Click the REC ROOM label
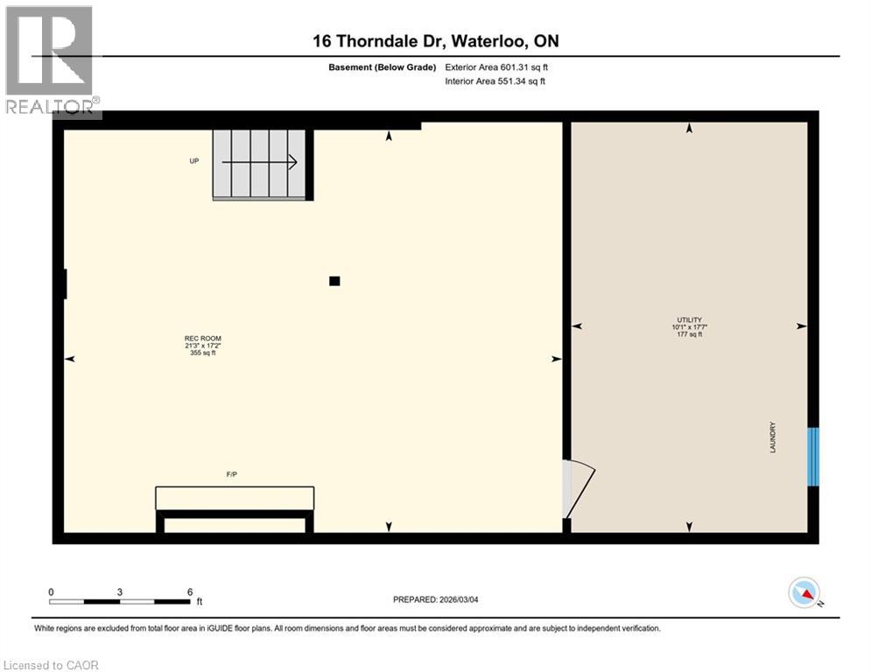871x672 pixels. pyautogui.click(x=197, y=338)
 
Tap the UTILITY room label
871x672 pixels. pyautogui.click(x=689, y=319)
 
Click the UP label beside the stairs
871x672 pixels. pyautogui.click(x=194, y=161)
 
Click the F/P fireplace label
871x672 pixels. pyautogui.click(x=232, y=474)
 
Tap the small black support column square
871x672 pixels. pyautogui.click(x=334, y=281)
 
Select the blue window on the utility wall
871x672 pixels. pyautogui.click(x=812, y=456)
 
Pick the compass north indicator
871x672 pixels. pyautogui.click(x=804, y=593)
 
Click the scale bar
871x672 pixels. pyautogui.click(x=119, y=601)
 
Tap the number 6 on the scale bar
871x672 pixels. pyautogui.click(x=190, y=591)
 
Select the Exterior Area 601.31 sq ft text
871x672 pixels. pyautogui.click(x=497, y=67)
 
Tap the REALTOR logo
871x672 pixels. pyautogui.click(x=52, y=59)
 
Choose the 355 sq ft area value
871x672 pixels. pyautogui.click(x=197, y=353)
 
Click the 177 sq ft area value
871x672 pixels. pyautogui.click(x=689, y=334)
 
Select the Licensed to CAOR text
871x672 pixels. pyautogui.click(x=52, y=665)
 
